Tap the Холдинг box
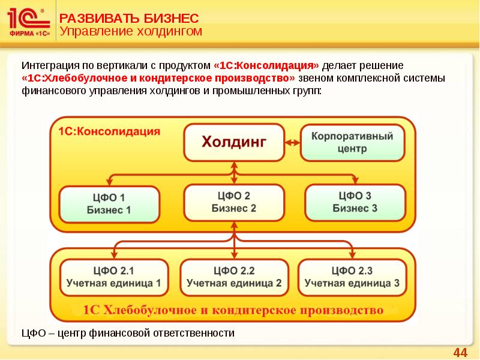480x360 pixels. [x=234, y=142]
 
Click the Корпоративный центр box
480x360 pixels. [x=352, y=142]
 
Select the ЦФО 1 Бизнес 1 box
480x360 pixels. [x=109, y=203]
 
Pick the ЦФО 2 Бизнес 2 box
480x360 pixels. [x=234, y=202]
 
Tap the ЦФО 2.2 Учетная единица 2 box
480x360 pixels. [x=234, y=277]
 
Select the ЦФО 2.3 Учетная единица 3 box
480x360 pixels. [x=352, y=277]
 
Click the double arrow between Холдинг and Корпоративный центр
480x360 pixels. [x=292, y=142]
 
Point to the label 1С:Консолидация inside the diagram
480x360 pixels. [x=109, y=131]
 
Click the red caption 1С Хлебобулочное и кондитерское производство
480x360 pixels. [x=233, y=310]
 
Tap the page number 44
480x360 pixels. [x=460, y=352]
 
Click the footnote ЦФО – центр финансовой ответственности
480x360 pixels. [x=128, y=332]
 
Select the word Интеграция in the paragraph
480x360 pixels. [x=47, y=65]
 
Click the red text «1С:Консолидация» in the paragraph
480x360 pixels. [x=266, y=65]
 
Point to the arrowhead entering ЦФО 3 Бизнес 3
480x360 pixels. [x=356, y=181]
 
